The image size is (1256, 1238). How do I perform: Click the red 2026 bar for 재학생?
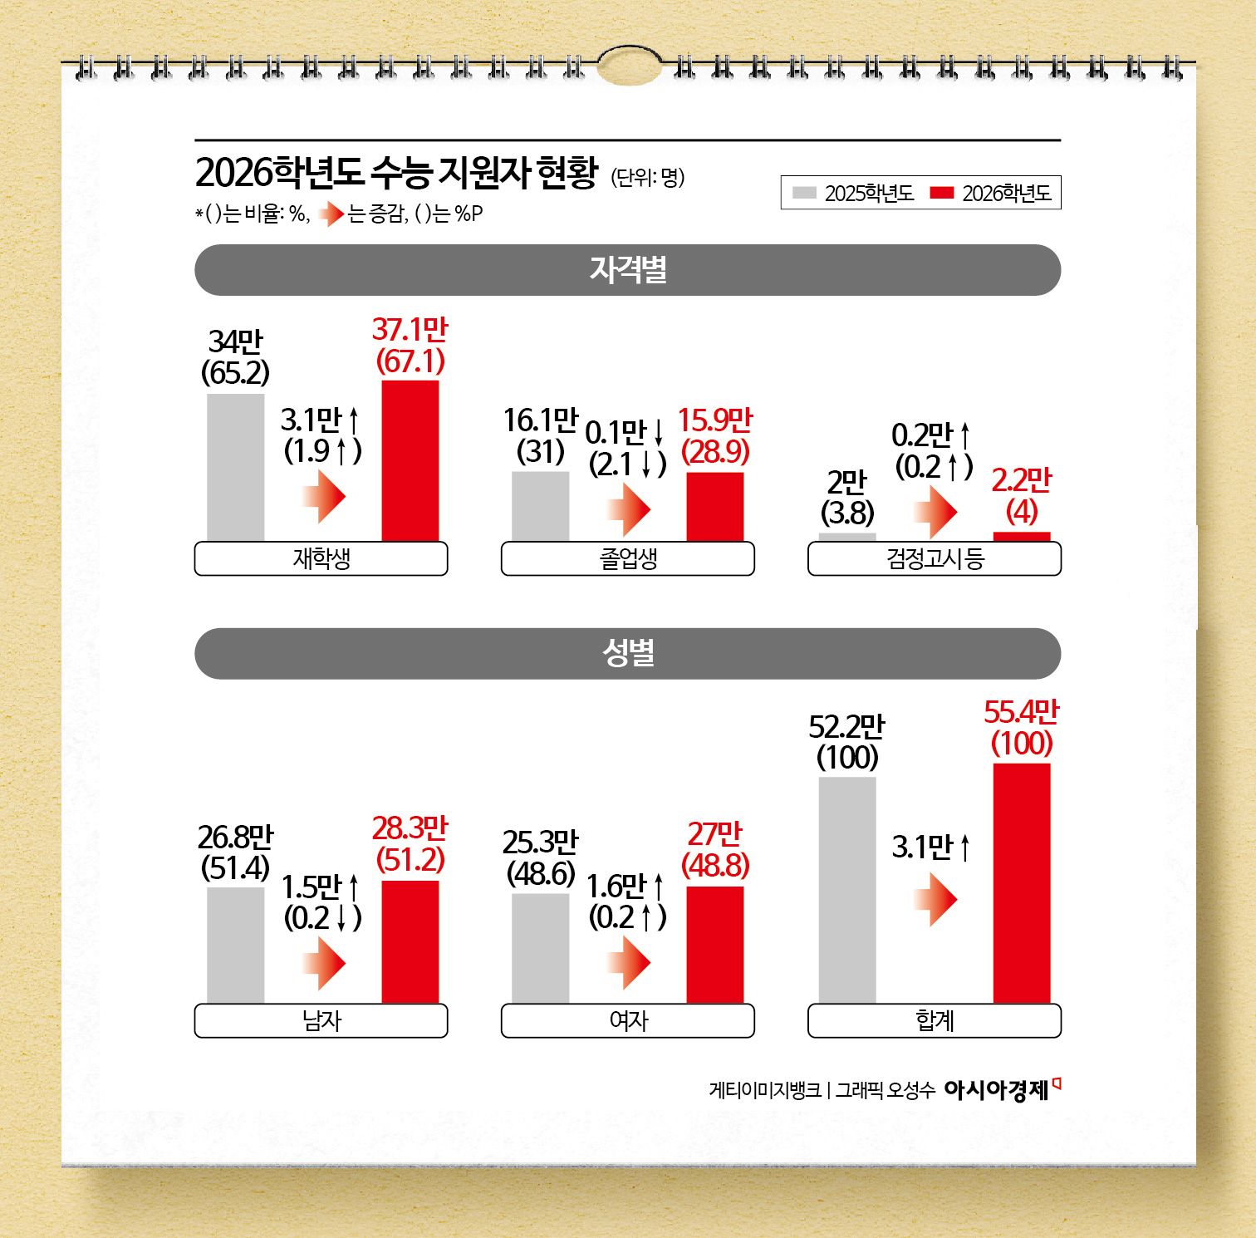coord(410,460)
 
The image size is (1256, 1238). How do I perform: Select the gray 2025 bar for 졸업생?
coord(540,506)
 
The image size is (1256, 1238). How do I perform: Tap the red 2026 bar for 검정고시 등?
coord(1022,537)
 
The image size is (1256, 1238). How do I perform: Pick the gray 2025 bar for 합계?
coord(847,890)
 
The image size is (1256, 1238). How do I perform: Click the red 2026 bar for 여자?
coord(714,945)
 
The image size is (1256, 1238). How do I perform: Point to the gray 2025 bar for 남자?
coord(235,945)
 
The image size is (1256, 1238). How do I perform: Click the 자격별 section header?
coord(627,270)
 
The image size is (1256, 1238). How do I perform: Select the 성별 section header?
coord(627,653)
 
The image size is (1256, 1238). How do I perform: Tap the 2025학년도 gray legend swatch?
coord(804,193)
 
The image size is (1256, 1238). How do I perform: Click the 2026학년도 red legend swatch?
coord(941,193)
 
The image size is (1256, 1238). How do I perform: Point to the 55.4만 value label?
coord(1021,712)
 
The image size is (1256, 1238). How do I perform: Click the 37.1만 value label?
coord(410,330)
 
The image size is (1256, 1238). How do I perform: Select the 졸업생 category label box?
coord(627,558)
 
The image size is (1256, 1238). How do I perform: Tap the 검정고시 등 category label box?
coord(935,558)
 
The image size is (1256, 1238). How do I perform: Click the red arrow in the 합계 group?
coord(935,899)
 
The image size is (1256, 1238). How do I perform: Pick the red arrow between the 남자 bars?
coord(323,964)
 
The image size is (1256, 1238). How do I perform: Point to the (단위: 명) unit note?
coord(648,177)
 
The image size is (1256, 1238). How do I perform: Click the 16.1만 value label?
coord(540,420)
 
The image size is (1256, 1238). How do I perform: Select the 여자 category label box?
coord(627,1020)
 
